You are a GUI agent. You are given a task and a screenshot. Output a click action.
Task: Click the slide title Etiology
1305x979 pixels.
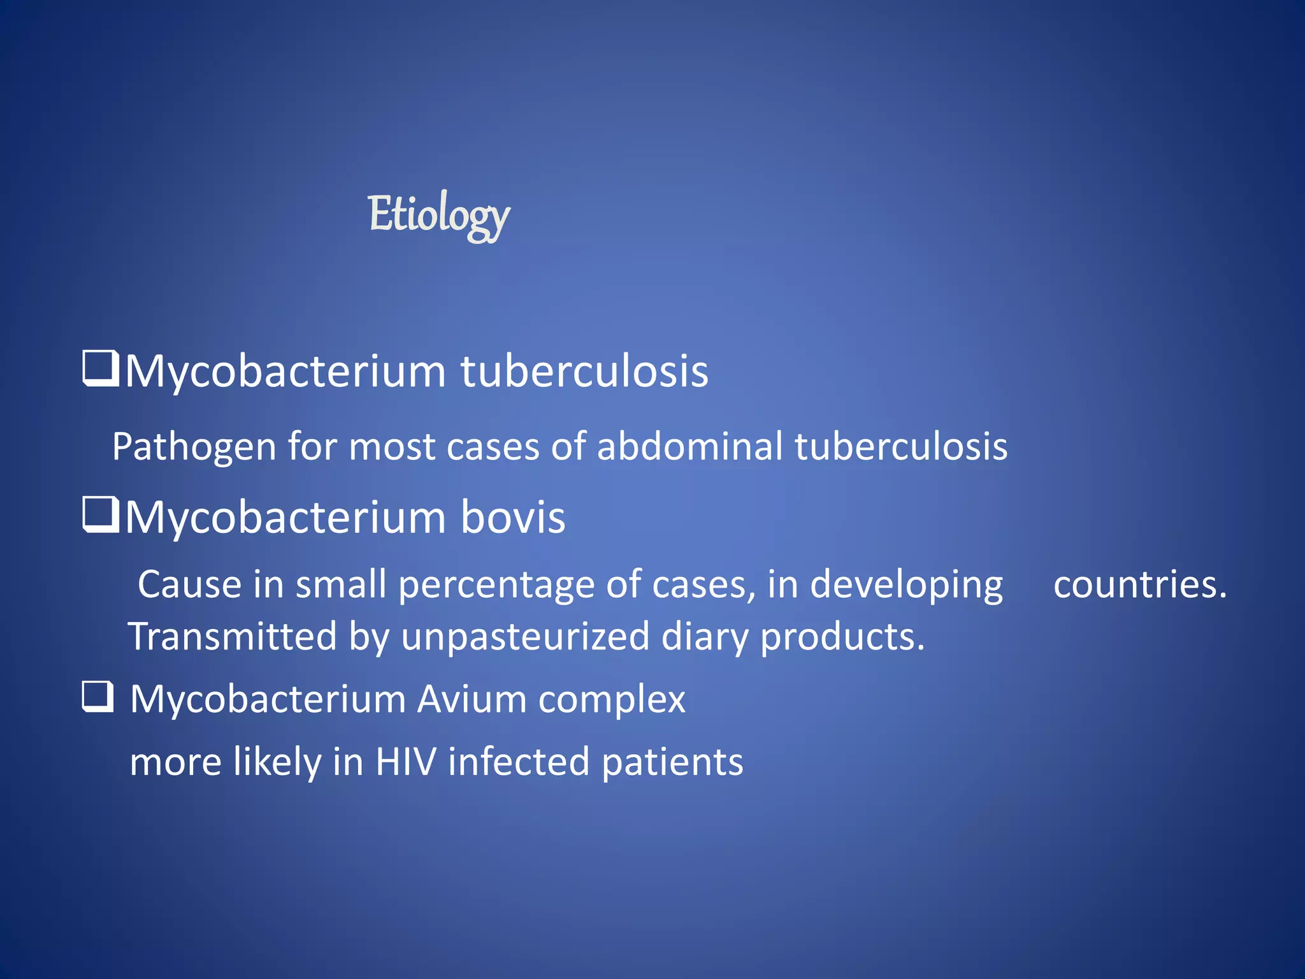pyautogui.click(x=438, y=214)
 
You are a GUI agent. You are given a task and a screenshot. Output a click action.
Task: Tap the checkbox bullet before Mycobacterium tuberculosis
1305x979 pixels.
pyautogui.click(x=101, y=369)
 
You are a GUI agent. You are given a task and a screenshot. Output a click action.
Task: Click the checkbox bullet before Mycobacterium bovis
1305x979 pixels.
pyautogui.click(x=101, y=515)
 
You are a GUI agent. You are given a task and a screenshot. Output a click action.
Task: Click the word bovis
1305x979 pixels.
pyautogui.click(x=512, y=516)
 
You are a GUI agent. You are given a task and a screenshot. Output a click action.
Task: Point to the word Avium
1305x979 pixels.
pyautogui.click(x=472, y=699)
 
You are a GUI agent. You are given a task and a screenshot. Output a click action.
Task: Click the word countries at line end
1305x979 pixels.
pyautogui.click(x=1139, y=584)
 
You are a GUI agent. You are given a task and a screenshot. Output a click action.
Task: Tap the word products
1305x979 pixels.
pyautogui.click(x=842, y=636)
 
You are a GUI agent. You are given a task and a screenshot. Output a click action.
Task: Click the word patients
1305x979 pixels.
pyautogui.click(x=672, y=762)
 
